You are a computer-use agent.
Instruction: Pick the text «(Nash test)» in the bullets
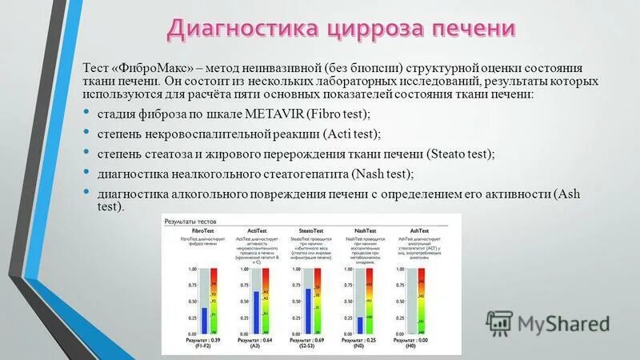[x=379, y=173]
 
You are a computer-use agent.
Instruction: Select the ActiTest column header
[x=258, y=230]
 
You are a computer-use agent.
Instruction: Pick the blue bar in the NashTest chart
[x=361, y=325]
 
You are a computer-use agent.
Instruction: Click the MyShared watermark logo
[x=552, y=324]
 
